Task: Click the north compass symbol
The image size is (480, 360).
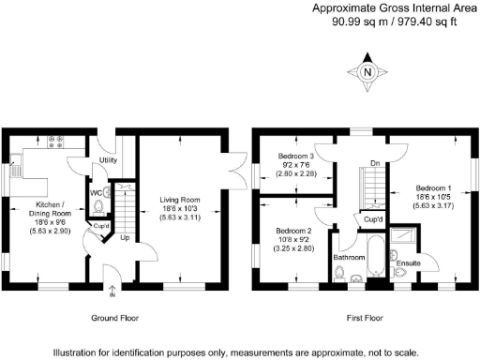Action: click(x=367, y=72)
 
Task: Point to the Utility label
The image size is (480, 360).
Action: click(x=108, y=160)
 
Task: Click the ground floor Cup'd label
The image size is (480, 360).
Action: click(x=99, y=226)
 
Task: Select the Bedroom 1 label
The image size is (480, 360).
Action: click(x=433, y=188)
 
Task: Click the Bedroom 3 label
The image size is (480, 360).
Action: click(x=295, y=156)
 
